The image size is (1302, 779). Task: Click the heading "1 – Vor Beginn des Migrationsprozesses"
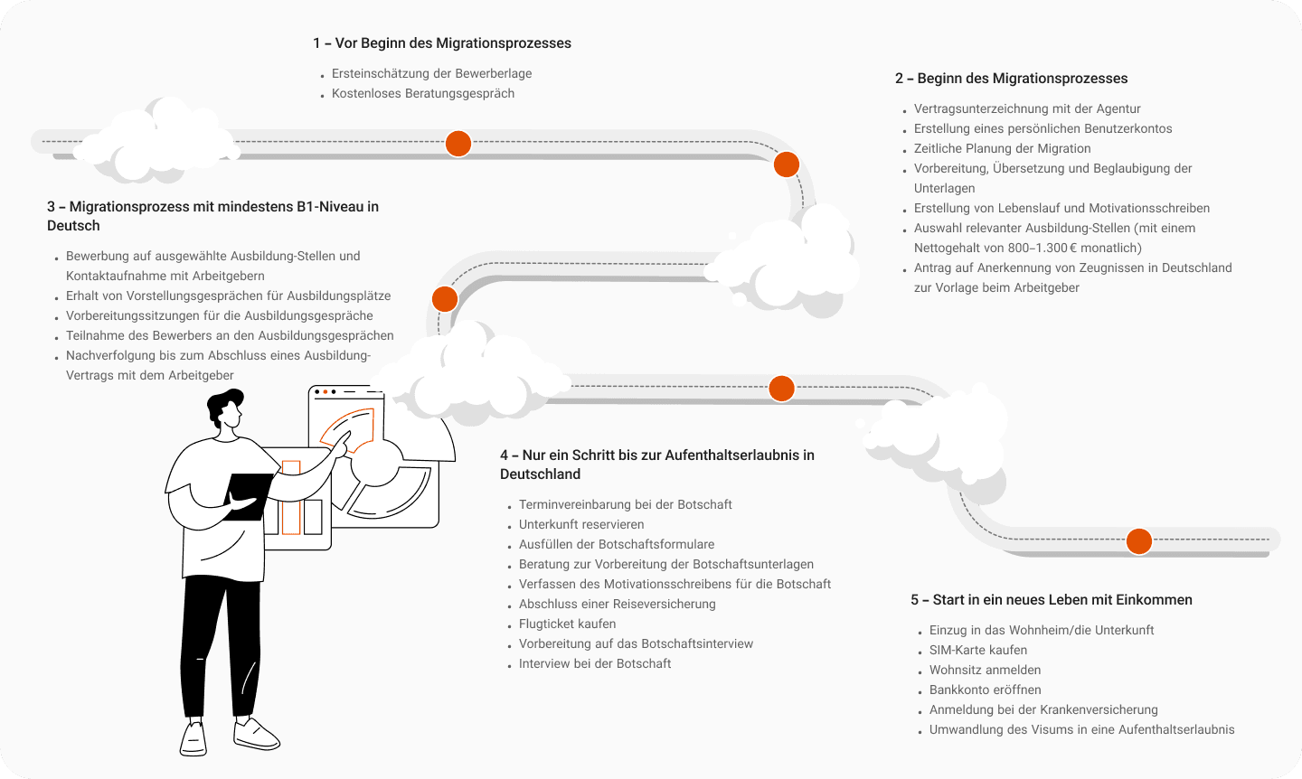tap(442, 43)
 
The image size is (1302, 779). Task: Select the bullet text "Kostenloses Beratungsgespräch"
tap(422, 93)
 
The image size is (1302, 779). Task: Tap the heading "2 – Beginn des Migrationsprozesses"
tap(1011, 79)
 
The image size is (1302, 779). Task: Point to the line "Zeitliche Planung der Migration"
tap(1002, 148)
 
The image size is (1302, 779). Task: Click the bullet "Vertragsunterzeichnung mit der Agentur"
tap(1027, 108)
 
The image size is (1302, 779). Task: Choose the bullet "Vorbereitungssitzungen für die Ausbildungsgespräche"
tap(219, 315)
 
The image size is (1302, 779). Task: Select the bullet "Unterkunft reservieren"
tap(581, 524)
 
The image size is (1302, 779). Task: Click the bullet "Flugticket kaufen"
tap(567, 624)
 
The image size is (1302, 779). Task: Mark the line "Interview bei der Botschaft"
tap(595, 663)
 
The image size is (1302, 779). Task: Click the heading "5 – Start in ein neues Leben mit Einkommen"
tap(1052, 600)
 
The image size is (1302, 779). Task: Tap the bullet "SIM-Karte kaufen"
tap(978, 650)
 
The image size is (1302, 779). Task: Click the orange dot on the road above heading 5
tap(1139, 541)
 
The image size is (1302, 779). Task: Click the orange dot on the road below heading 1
tap(458, 144)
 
